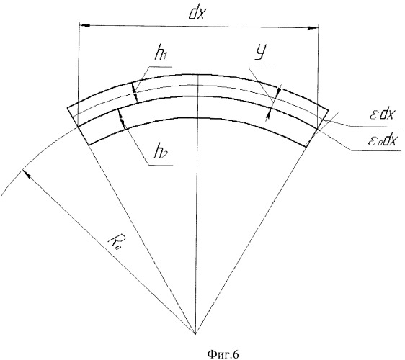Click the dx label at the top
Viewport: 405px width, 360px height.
(x=197, y=13)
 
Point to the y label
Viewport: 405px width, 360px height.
(x=261, y=53)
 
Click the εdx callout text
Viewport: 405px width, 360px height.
(x=381, y=114)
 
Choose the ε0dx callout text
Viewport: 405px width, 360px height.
(x=382, y=140)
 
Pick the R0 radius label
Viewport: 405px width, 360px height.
(x=114, y=243)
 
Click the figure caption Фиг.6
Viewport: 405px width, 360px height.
(x=223, y=354)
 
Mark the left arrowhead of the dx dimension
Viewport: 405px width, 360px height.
(x=84, y=25)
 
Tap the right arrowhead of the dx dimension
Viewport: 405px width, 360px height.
(x=313, y=28)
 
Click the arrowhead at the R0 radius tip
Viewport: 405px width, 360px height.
(x=27, y=173)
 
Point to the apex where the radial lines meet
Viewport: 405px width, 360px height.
(x=195, y=334)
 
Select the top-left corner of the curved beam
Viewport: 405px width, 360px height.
(x=68, y=107)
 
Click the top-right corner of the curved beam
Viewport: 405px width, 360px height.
(x=329, y=110)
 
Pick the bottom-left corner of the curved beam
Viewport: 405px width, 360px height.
(x=89, y=145)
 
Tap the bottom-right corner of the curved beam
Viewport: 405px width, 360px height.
(x=306, y=147)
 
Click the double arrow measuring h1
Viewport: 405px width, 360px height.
(x=135, y=92)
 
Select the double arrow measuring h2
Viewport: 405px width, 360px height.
(x=121, y=119)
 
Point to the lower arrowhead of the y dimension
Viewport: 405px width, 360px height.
(x=269, y=114)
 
